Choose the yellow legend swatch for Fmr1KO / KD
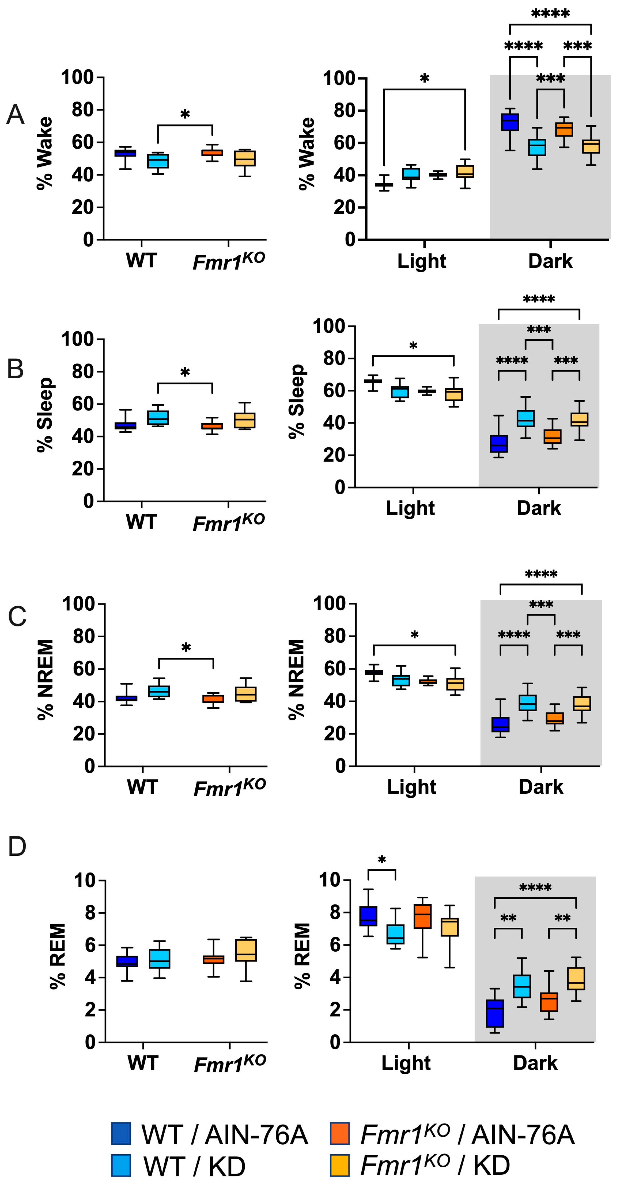tap(340, 1165)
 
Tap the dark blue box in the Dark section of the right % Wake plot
tap(510, 122)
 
